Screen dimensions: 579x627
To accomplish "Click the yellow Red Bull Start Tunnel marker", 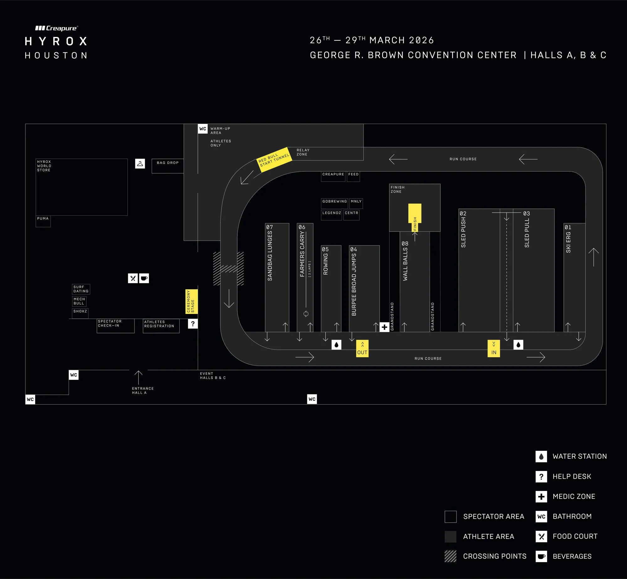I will point(274,159).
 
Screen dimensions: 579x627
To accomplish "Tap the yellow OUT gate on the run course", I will point(362,348).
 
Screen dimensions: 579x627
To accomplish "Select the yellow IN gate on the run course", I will point(494,348).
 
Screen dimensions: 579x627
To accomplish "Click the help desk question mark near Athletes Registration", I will point(193,324).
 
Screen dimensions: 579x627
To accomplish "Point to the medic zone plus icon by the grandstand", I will point(384,327).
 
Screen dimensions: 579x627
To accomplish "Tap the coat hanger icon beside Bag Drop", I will point(140,164).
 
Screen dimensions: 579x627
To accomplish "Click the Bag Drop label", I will point(168,163).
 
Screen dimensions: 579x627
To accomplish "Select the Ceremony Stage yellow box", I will point(191,301).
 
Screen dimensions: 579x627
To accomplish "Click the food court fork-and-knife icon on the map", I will point(133,278).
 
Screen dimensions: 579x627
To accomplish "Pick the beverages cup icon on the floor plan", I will point(144,278).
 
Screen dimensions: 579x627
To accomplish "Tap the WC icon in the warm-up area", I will point(203,129).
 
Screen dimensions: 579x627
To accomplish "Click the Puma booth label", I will point(43,219).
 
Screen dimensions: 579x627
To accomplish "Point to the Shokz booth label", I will point(80,311).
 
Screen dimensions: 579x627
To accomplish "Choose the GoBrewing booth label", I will point(335,201).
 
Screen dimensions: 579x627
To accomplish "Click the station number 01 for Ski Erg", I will point(568,227).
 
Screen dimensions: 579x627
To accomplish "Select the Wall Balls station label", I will point(405,264).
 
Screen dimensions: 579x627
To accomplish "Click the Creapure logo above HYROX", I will point(56,29).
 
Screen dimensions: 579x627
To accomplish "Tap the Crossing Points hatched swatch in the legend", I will point(450,556).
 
